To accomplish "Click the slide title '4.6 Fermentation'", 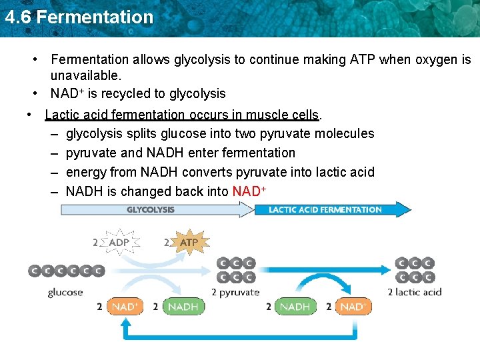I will pos(79,17).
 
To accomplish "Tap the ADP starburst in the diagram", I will pos(119,242).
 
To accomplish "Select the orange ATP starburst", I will pos(189,242).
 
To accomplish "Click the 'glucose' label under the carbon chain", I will pos(65,292).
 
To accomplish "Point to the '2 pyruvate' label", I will pos(235,292).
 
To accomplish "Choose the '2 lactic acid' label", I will pos(415,292).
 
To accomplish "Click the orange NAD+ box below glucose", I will pos(125,307).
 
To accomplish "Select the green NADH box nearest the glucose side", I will pos(183,307).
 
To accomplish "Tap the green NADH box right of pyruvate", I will pos(295,307).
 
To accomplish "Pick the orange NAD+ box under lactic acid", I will pos(353,307).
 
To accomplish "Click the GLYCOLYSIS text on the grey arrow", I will pos(151,209).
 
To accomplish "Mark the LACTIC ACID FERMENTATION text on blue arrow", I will pos(325,209).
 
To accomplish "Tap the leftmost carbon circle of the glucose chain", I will pos(34,271).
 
